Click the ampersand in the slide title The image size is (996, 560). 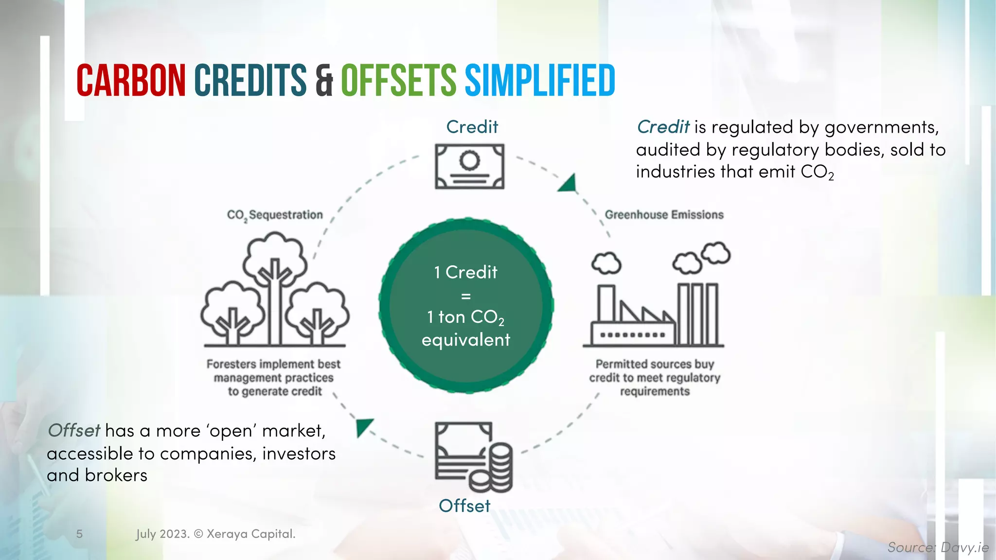[x=324, y=81]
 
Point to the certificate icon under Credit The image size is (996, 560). [x=469, y=166]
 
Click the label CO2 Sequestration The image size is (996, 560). [x=275, y=215]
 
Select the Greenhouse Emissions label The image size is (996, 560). [x=664, y=215]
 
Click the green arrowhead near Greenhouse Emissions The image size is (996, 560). [x=568, y=184]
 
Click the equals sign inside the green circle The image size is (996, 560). [x=465, y=296]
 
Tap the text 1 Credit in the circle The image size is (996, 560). [x=465, y=272]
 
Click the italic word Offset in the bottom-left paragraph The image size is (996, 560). [x=74, y=431]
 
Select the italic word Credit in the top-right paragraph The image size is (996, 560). [x=663, y=127]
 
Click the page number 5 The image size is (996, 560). [x=79, y=534]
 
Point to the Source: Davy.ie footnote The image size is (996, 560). [x=938, y=547]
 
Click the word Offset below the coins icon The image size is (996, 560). [x=464, y=506]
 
